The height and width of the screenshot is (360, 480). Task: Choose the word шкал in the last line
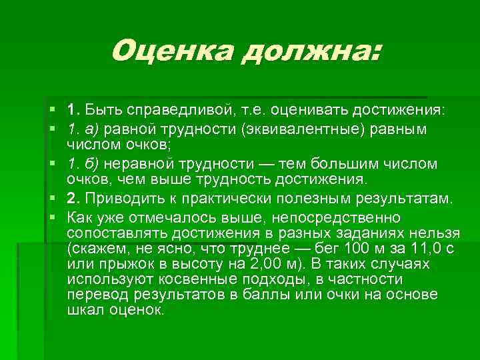(x=83, y=309)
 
